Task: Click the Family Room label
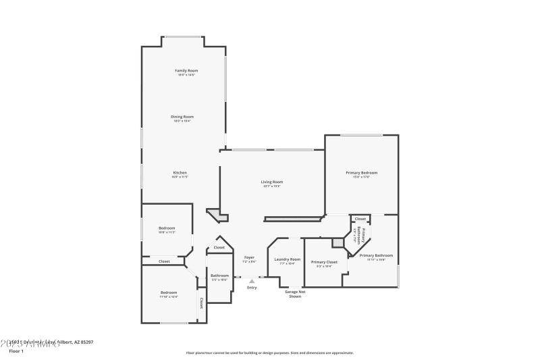pos(186,71)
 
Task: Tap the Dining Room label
pos(182,117)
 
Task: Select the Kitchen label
pos(180,173)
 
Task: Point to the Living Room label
pos(272,182)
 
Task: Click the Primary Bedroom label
pos(362,173)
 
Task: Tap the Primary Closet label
pos(324,261)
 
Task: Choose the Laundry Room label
pos(287,259)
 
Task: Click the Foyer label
pos(248,257)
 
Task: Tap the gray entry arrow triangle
pos(252,281)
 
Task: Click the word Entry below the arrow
pos(252,288)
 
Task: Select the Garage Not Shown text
pos(295,294)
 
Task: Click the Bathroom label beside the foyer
pos(219,276)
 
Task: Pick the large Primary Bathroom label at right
pos(376,255)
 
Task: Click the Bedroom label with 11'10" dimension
pos(169,292)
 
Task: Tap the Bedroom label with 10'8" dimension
pos(167,228)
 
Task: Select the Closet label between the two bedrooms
pos(164,261)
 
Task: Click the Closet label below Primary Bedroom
pos(360,219)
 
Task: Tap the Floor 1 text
pos(16,351)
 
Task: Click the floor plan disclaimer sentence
pos(269,353)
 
